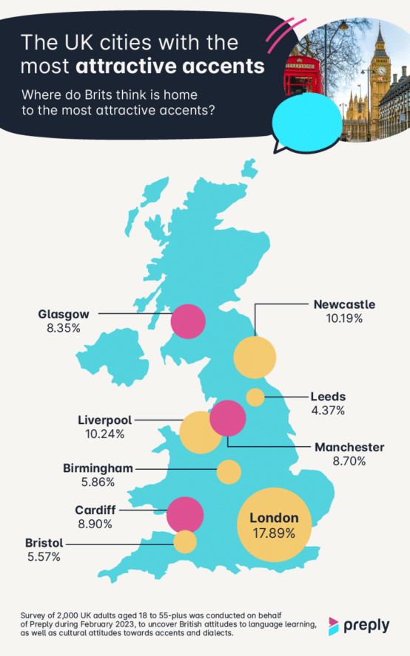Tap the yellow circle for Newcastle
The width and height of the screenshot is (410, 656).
click(255, 357)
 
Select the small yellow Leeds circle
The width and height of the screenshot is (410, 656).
click(255, 397)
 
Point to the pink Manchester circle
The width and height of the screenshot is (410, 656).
click(228, 418)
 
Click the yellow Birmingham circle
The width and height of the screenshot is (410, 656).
click(229, 471)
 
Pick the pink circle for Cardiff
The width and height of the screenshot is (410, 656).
click(185, 514)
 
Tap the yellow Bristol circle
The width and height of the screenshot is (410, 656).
click(185, 541)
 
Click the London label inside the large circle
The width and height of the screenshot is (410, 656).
click(274, 518)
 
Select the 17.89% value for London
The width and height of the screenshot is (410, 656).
click(274, 532)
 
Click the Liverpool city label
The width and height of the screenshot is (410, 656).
click(104, 420)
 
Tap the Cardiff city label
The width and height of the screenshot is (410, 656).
click(93, 510)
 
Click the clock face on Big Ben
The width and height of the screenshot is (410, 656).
click(382, 72)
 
